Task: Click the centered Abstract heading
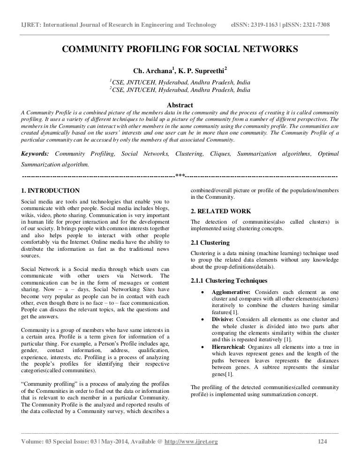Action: tap(180, 105)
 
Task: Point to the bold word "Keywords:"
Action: tap(35, 154)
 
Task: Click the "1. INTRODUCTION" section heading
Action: tap(51, 191)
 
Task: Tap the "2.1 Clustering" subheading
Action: tap(210, 243)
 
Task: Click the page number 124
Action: tap(322, 442)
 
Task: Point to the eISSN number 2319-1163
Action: tap(266, 24)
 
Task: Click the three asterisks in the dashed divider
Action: tap(180, 176)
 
